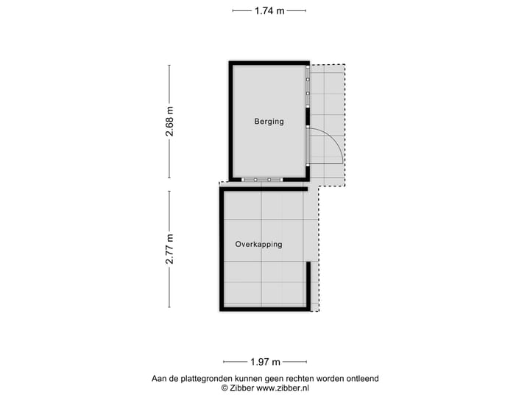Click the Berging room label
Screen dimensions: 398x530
pyautogui.click(x=269, y=122)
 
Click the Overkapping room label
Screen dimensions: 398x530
pyautogui.click(x=258, y=244)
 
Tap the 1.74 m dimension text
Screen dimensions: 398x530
pyautogui.click(x=269, y=10)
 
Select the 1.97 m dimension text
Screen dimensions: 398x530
pyautogui.click(x=265, y=362)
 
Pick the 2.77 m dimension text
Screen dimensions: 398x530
pyautogui.click(x=170, y=249)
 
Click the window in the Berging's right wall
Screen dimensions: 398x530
pyautogui.click(x=308, y=87)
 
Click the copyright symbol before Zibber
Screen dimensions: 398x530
pyautogui.click(x=225, y=388)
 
